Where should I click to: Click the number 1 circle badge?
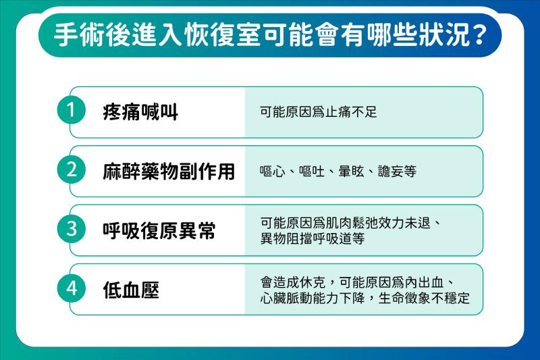pos(72,110)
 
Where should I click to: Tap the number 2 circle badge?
pos(72,170)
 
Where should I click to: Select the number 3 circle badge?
pos(72,229)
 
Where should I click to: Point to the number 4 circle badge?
pos(72,288)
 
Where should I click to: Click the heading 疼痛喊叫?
pos(140,112)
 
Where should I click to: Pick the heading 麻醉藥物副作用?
pos(169,172)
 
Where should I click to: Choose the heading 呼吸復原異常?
pos(159,230)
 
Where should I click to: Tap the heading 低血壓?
pos(131,290)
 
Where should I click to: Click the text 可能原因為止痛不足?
pos(319,112)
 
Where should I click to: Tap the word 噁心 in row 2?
pos(273,171)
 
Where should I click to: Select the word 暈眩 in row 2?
pos(351,171)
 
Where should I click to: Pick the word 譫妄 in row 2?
pos(391,171)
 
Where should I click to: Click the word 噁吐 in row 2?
pos(312,171)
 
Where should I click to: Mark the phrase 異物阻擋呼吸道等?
pos(313,238)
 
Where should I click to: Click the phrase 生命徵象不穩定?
pos(424,298)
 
